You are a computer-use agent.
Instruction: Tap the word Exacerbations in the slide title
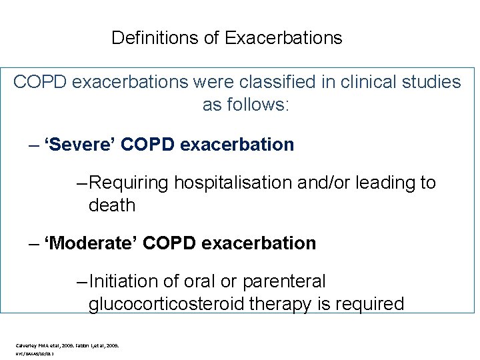click(x=283, y=38)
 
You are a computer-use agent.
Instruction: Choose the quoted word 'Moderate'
click(x=90, y=243)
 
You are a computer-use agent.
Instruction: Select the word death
click(x=111, y=205)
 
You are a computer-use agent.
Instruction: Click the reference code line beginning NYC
click(x=35, y=354)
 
